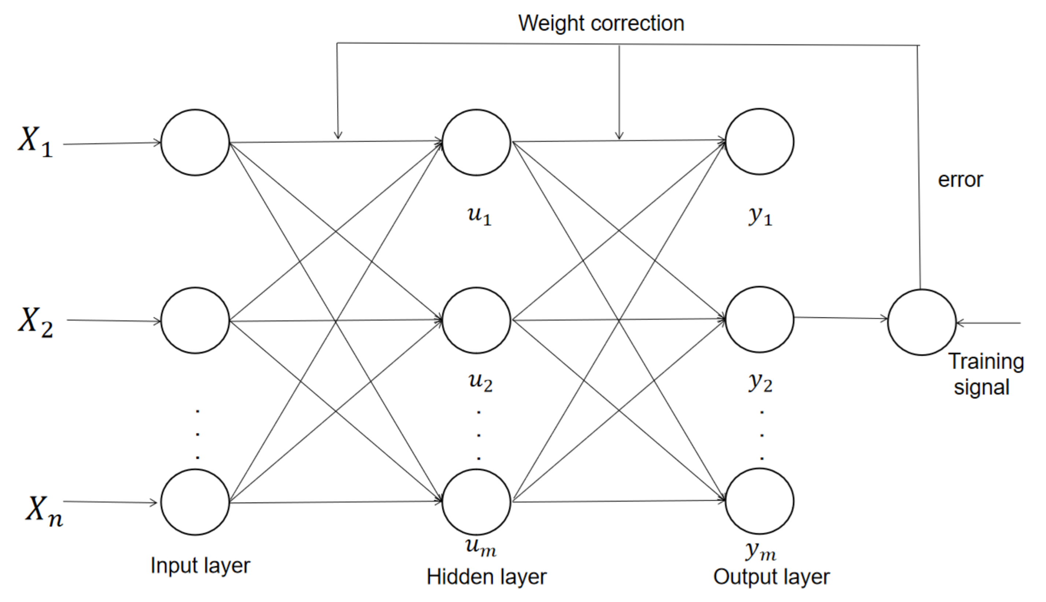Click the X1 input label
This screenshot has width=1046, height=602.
click(36, 142)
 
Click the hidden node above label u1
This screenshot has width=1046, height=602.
click(476, 143)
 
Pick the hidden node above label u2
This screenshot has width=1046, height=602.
click(476, 320)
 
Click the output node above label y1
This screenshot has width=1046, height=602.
click(759, 142)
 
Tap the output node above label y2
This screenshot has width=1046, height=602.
click(759, 320)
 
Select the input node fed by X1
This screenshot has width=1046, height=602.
click(195, 143)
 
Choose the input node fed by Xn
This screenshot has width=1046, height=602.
click(195, 502)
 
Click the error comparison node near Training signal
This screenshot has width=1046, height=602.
click(922, 322)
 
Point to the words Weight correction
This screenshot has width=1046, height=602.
click(601, 23)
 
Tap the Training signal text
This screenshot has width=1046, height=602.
click(985, 375)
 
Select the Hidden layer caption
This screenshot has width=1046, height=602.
click(486, 577)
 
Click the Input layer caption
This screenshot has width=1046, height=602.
click(200, 565)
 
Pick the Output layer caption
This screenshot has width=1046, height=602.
click(771, 577)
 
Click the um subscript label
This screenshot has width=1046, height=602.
click(480, 547)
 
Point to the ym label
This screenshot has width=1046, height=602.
click(761, 551)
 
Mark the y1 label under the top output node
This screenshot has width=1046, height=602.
click(760, 216)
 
